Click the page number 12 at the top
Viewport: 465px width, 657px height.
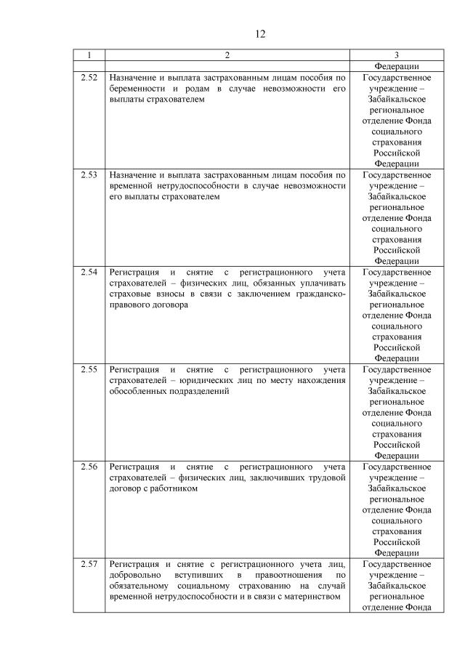coord(261,34)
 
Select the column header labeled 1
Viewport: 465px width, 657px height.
coord(89,55)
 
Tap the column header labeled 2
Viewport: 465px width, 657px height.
coord(227,55)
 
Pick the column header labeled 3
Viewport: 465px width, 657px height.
coord(396,55)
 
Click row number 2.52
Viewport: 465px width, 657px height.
coord(89,78)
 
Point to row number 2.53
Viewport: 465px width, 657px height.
coord(89,175)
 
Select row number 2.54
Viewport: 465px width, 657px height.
coord(89,273)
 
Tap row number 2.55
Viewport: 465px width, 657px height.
coord(89,370)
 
